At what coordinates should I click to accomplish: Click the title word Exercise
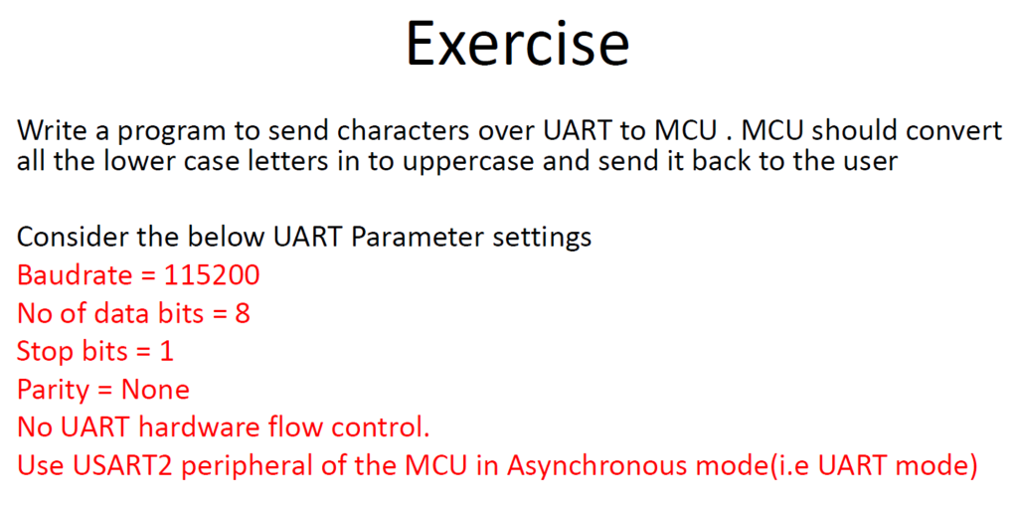[517, 42]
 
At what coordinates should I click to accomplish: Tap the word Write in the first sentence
[50, 132]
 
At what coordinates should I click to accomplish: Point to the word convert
[954, 132]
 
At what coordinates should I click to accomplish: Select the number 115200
[212, 275]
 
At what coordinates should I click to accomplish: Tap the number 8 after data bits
[242, 313]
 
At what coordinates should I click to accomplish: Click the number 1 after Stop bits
[166, 352]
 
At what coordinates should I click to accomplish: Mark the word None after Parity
[156, 390]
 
